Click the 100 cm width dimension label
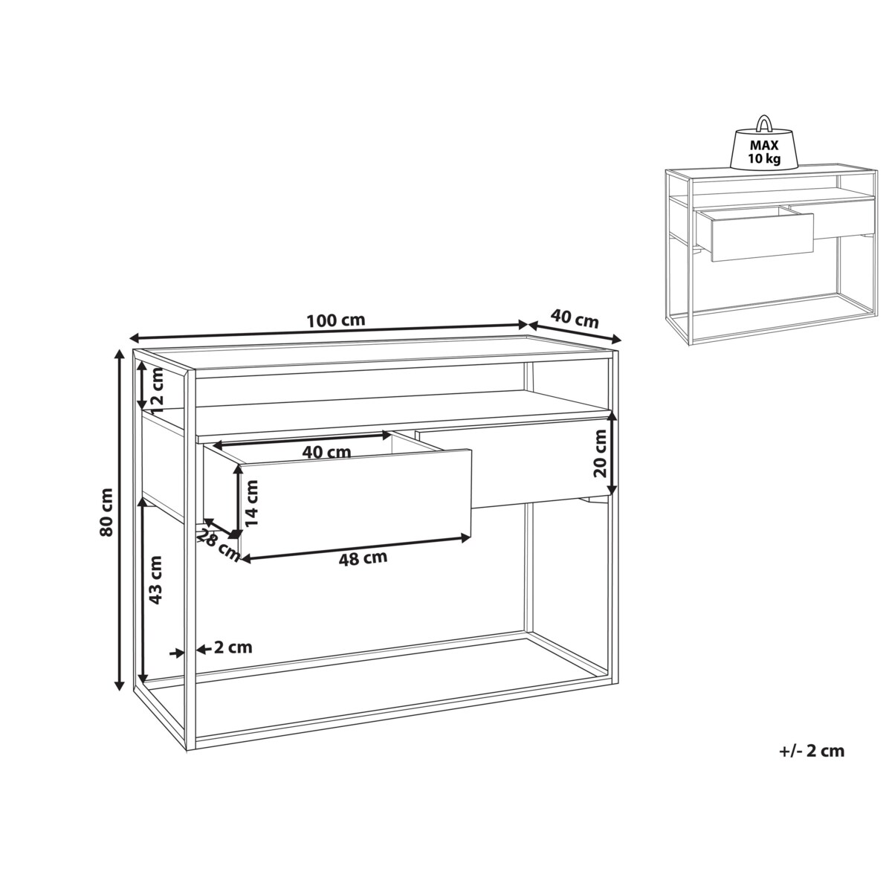click(x=336, y=320)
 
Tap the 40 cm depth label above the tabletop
click(x=575, y=318)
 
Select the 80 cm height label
click(x=106, y=511)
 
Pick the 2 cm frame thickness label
click(x=233, y=647)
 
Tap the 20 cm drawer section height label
click(x=600, y=453)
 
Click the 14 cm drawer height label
click(x=251, y=502)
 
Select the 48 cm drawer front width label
click(x=363, y=558)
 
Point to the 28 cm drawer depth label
click(x=218, y=544)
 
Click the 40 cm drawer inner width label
click(x=326, y=452)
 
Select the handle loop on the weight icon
click(x=763, y=123)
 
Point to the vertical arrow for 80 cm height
click(x=120, y=520)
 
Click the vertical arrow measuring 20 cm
click(x=612, y=453)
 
